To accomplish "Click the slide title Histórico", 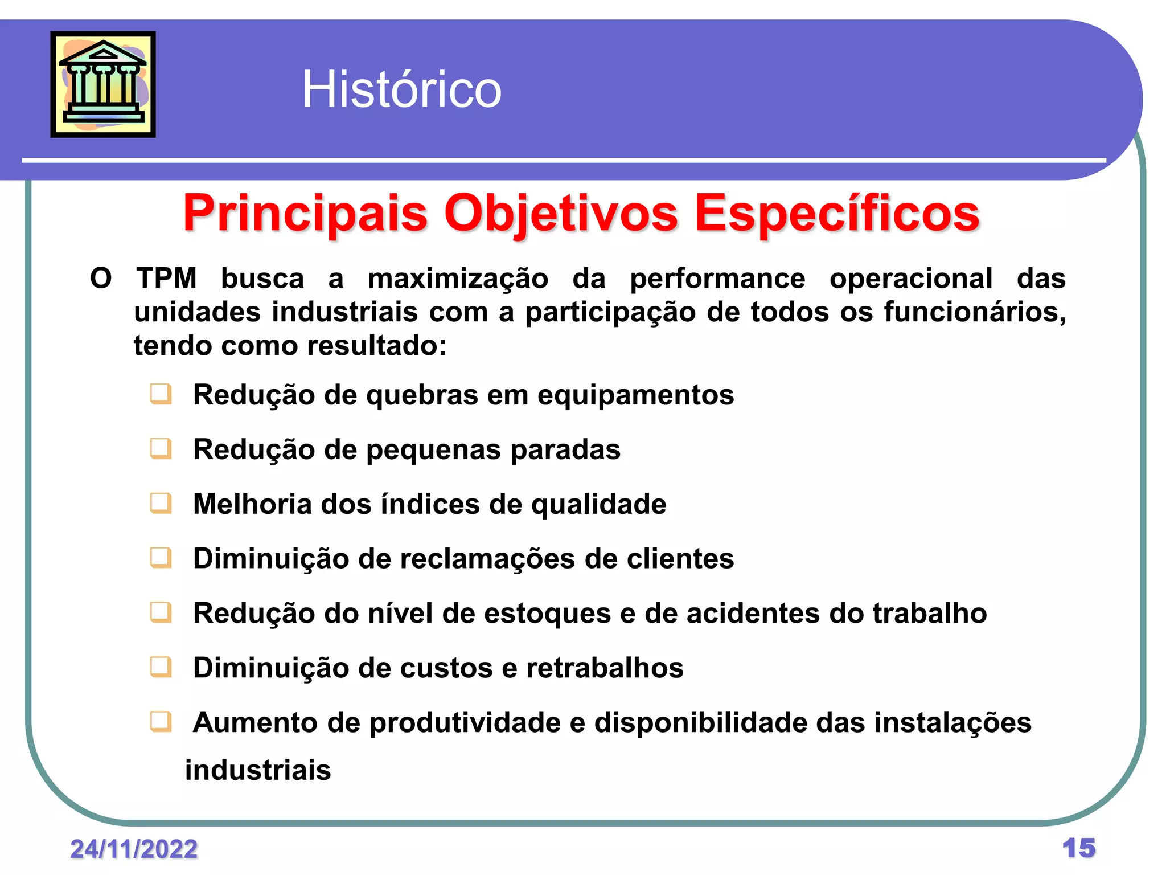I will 401,89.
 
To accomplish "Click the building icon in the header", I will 103,84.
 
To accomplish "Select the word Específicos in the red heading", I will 837,214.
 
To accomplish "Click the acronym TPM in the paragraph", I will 166,279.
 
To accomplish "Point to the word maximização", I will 458,279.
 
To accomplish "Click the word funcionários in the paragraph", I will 974,312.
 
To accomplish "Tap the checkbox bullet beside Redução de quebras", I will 161,394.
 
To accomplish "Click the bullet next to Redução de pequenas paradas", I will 161,449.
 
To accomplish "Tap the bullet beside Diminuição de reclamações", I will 161,558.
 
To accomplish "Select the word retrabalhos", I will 605,668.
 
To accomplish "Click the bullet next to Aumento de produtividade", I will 161,722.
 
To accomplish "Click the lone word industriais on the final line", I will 258,770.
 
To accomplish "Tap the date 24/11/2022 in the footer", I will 134,849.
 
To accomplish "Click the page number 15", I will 1078,848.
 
